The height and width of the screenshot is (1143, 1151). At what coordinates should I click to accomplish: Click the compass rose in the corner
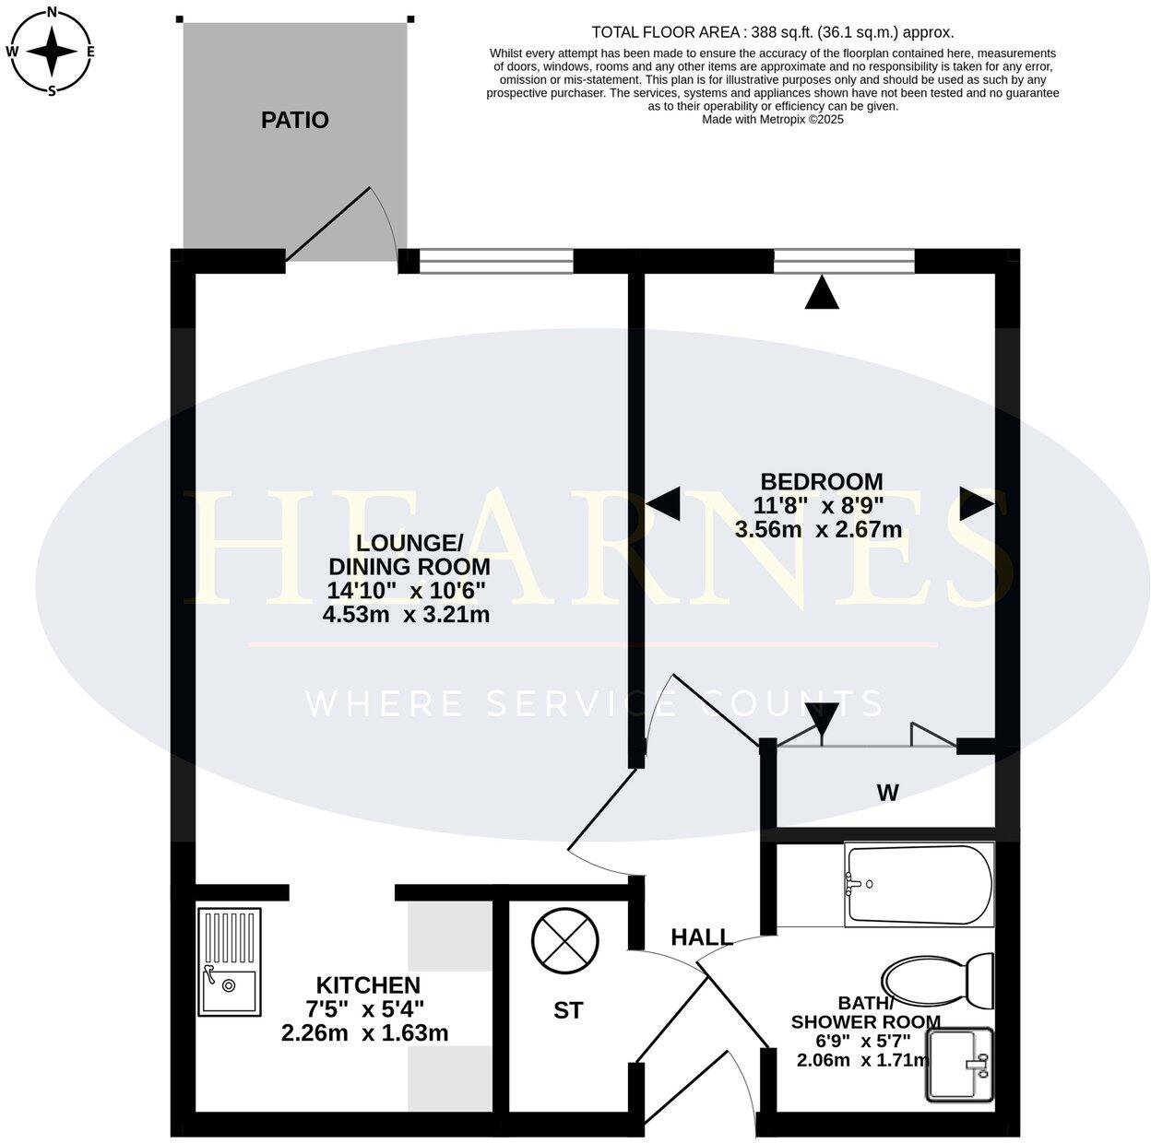coord(51,51)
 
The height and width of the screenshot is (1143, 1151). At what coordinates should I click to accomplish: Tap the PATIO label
coord(294,120)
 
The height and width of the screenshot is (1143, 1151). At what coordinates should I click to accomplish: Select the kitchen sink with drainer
coord(229,962)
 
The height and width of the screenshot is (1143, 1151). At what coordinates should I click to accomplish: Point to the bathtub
coord(919,885)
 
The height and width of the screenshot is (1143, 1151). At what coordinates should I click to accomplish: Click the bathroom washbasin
coord(959,1065)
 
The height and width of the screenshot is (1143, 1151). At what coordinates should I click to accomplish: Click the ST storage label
coord(568,1010)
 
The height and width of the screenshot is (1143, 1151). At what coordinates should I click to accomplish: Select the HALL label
coord(702,937)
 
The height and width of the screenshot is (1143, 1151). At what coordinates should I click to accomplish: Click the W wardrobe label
coord(887,792)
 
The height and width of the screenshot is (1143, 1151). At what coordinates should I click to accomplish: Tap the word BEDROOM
coord(821,481)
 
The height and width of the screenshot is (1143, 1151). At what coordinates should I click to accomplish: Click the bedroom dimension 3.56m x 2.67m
coord(818,529)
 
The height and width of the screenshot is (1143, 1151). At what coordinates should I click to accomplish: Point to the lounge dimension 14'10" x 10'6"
coord(406,590)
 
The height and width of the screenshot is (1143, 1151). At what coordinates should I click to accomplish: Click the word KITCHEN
coord(368,984)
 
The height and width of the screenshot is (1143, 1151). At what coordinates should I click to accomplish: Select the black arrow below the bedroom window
coord(823,293)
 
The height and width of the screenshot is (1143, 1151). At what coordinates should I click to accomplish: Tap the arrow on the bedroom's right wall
coord(976,504)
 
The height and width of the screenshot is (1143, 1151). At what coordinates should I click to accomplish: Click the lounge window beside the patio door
coord(496,263)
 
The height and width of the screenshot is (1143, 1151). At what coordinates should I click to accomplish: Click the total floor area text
coord(773,32)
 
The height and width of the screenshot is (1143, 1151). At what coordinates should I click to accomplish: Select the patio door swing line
coord(328,224)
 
